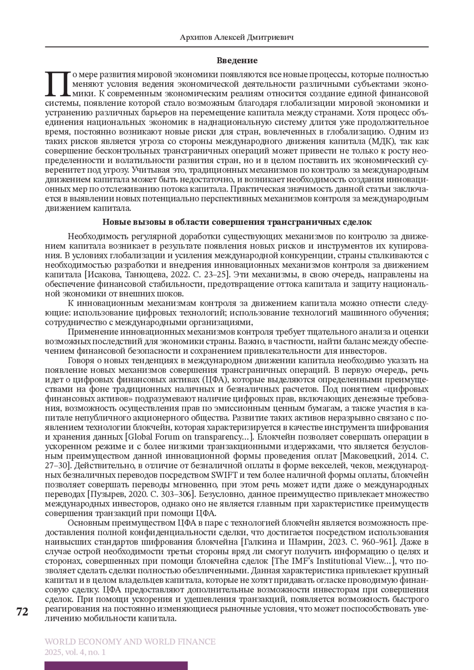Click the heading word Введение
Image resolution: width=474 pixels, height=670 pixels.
click(237, 60)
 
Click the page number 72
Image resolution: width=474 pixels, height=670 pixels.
click(23, 612)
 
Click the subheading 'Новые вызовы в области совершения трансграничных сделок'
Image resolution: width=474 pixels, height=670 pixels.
click(237, 222)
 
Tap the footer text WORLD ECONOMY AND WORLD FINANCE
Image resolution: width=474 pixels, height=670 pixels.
click(130, 642)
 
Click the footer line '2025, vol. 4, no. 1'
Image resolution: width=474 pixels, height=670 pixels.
click(75, 652)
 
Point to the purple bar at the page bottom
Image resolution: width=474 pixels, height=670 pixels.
click(116, 666)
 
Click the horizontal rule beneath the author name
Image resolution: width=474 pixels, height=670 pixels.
click(237, 47)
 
